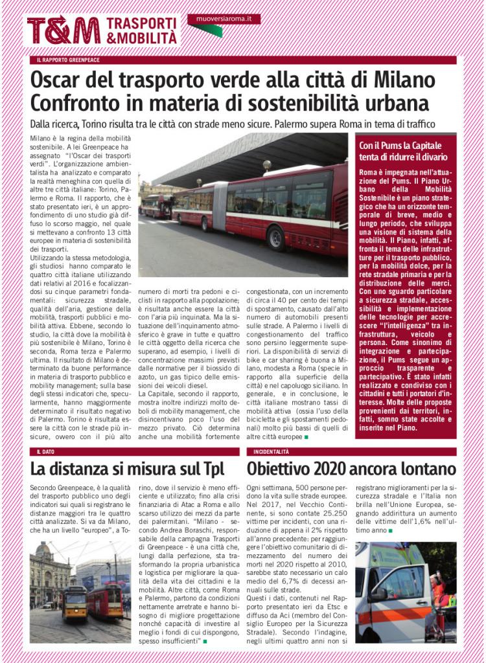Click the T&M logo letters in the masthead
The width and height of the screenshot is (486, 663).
coord(64,30)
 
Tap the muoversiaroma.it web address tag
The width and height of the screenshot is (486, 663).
coord(223,19)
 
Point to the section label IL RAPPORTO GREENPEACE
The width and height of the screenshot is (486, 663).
coord(68,60)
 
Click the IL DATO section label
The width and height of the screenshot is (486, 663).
coord(45,451)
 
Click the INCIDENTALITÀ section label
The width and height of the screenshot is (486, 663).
coord(272,451)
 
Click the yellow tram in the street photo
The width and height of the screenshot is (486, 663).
coord(75,602)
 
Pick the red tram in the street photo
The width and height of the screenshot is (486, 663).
coord(105,600)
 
